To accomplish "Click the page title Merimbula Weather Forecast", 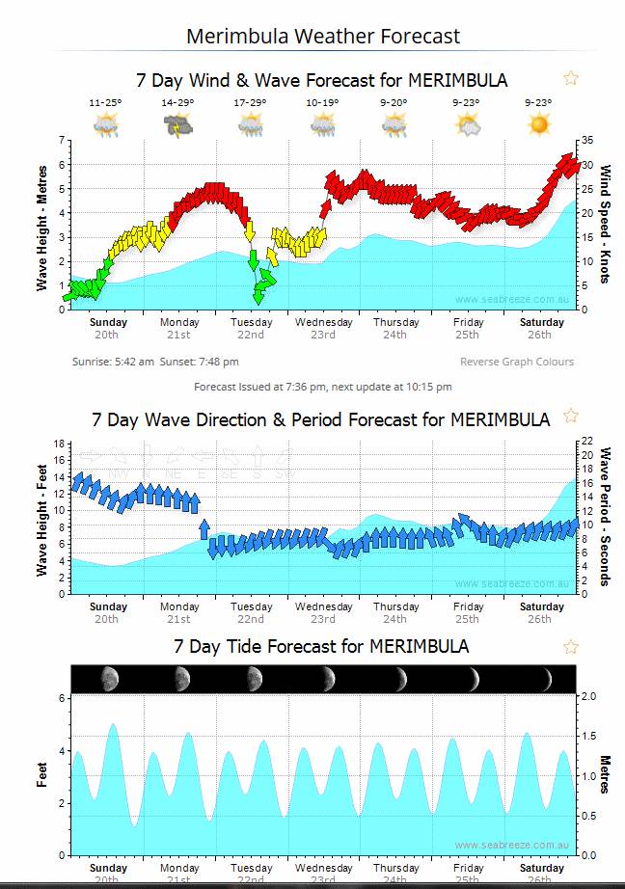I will [x=323, y=37].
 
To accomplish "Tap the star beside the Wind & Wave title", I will [x=571, y=78].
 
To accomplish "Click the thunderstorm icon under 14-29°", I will [x=177, y=125].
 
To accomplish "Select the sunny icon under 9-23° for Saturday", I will [x=538, y=124].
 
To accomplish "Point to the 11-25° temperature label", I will [x=105, y=102].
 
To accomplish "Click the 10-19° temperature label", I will [x=322, y=102].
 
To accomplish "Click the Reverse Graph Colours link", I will [x=516, y=362].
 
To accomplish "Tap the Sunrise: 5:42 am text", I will [x=113, y=362].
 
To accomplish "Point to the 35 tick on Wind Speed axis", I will [x=585, y=141].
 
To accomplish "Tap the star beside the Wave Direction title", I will [x=571, y=416].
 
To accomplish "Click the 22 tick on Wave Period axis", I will [x=584, y=442].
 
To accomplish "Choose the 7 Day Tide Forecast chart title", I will [x=321, y=645].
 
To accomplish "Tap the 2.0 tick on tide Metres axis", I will [x=588, y=696].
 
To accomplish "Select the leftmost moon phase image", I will [x=109, y=679].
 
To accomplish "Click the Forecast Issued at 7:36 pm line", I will [x=322, y=387].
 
